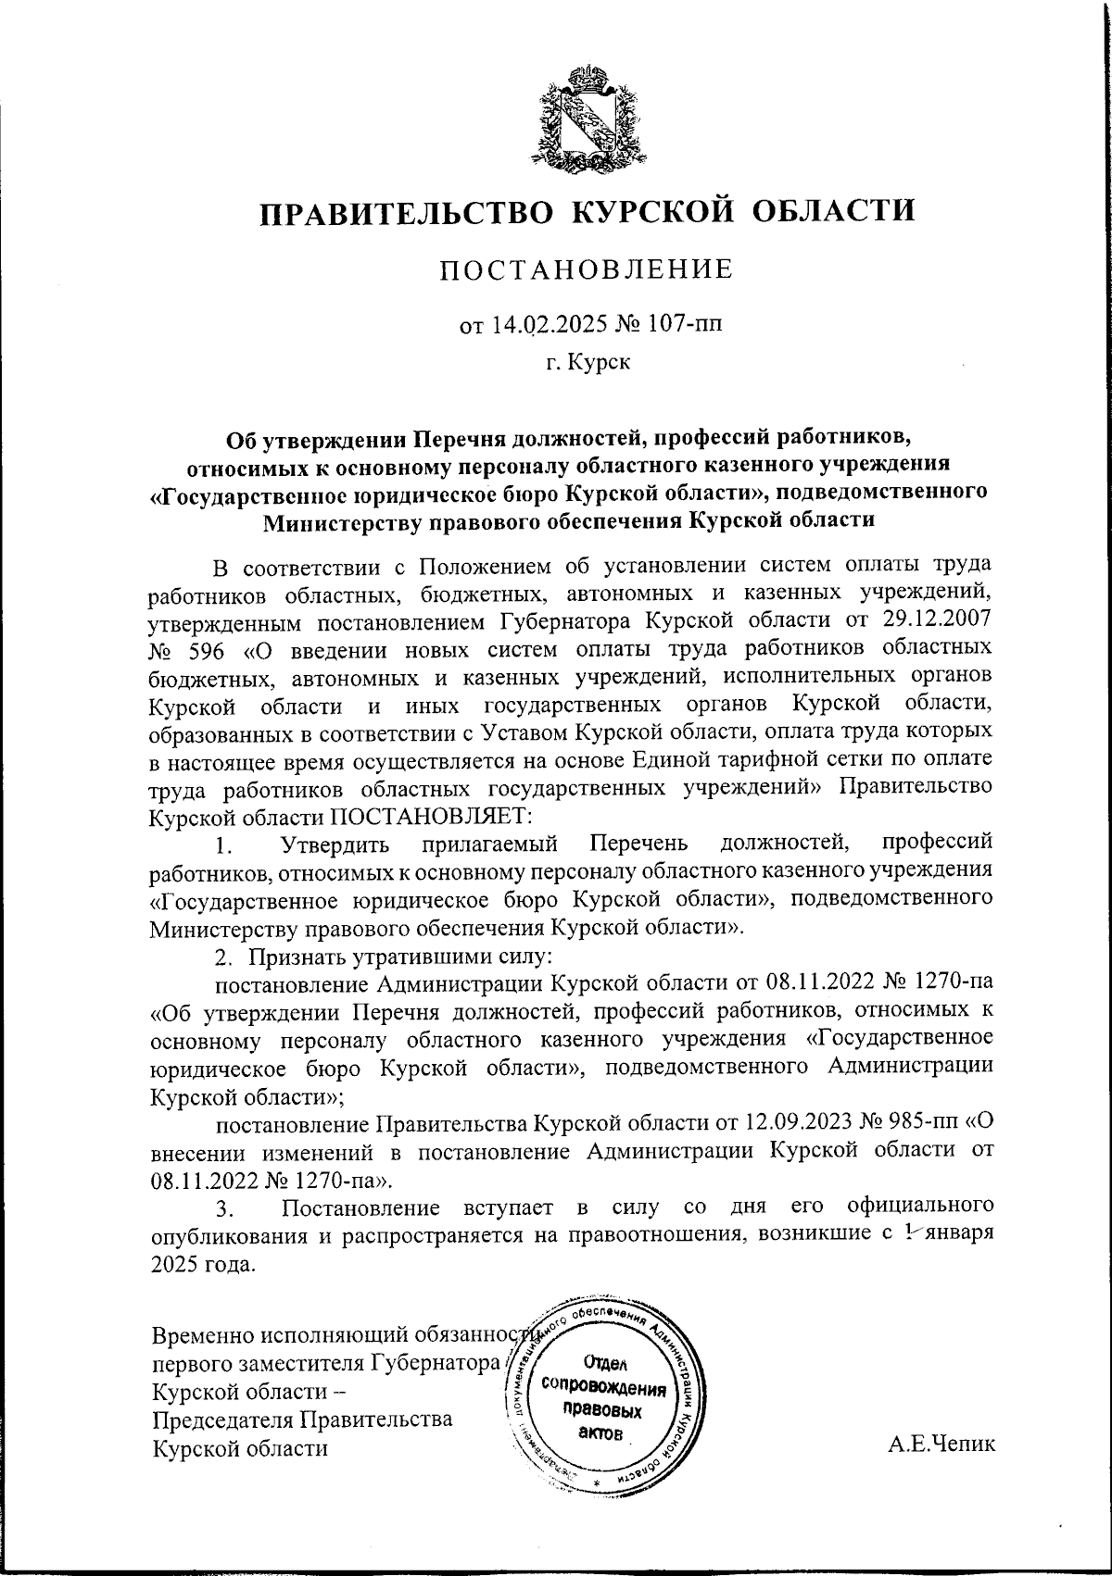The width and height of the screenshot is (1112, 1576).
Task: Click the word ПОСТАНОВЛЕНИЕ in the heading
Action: [586, 269]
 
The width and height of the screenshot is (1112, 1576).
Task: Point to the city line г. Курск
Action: [588, 362]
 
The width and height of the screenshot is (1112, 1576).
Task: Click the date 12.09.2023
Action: [798, 1122]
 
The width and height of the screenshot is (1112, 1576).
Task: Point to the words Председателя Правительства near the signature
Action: [302, 1419]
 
